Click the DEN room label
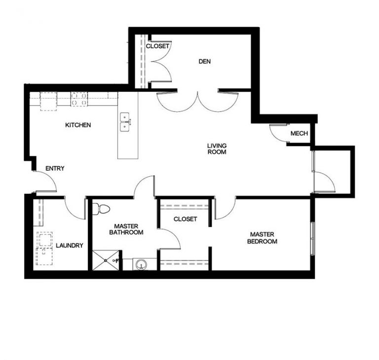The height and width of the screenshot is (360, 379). [x=205, y=61]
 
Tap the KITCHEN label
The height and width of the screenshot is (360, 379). [x=78, y=125]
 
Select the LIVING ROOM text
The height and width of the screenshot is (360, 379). [x=216, y=149]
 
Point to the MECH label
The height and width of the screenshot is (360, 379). [x=299, y=134]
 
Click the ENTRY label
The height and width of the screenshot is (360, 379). [x=55, y=169]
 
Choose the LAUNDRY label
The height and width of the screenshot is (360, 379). [x=70, y=245]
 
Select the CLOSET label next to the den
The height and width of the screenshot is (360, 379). [x=157, y=46]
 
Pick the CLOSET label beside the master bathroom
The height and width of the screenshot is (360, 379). [x=185, y=219]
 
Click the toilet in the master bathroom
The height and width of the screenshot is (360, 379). [x=101, y=209]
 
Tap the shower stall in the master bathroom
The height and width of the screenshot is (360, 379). [x=106, y=260]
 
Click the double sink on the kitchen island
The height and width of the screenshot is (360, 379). [x=125, y=122]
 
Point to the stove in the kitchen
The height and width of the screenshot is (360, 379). [x=79, y=99]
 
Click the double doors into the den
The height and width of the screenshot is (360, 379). [x=197, y=101]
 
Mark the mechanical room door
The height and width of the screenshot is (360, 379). [x=279, y=133]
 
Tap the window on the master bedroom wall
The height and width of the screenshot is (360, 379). [x=312, y=239]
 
